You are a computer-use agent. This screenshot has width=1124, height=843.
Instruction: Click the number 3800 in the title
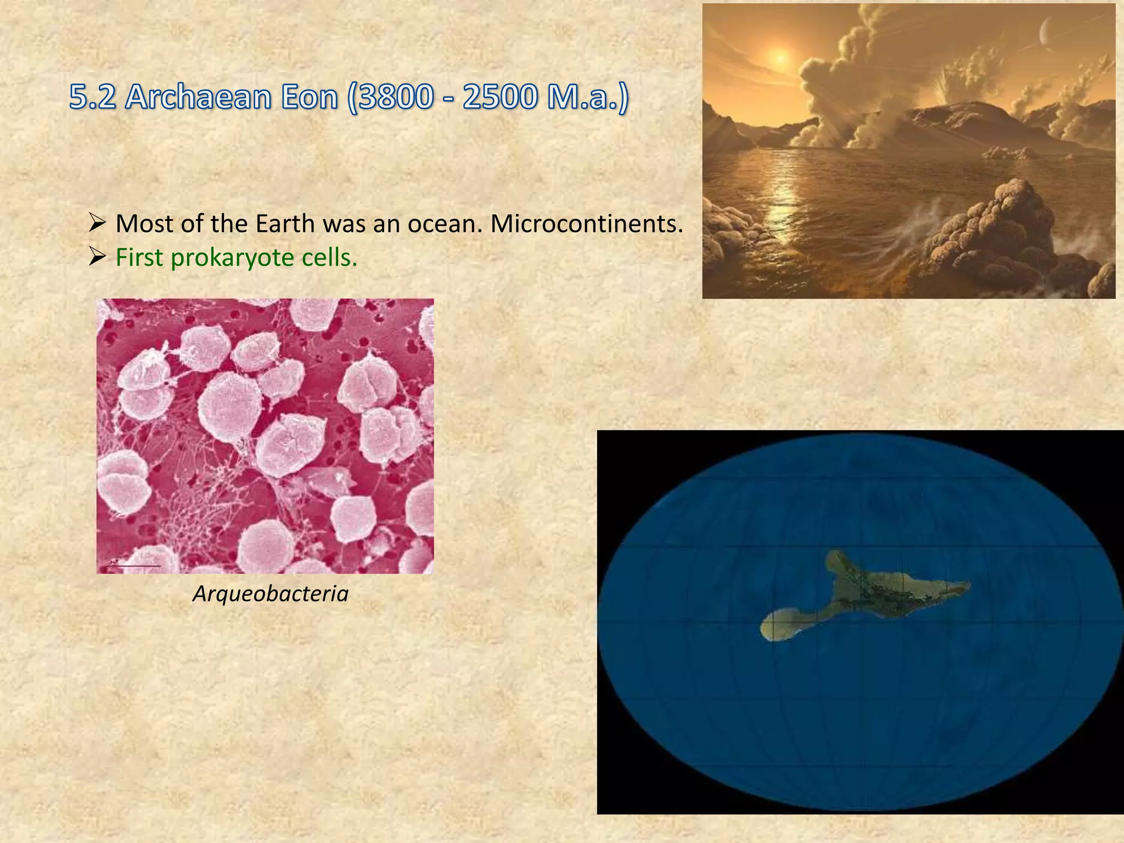(395, 98)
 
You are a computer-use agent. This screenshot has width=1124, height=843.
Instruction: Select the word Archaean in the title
(198, 98)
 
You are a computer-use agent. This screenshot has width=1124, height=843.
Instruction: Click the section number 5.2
(92, 98)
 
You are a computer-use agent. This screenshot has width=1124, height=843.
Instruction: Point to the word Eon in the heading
(307, 98)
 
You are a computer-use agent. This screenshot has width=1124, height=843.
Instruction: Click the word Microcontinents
(587, 224)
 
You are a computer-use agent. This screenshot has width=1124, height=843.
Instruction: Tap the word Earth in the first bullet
(286, 224)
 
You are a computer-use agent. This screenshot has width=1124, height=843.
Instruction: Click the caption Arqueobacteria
(271, 594)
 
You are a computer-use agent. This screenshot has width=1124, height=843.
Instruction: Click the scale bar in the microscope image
(134, 565)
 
